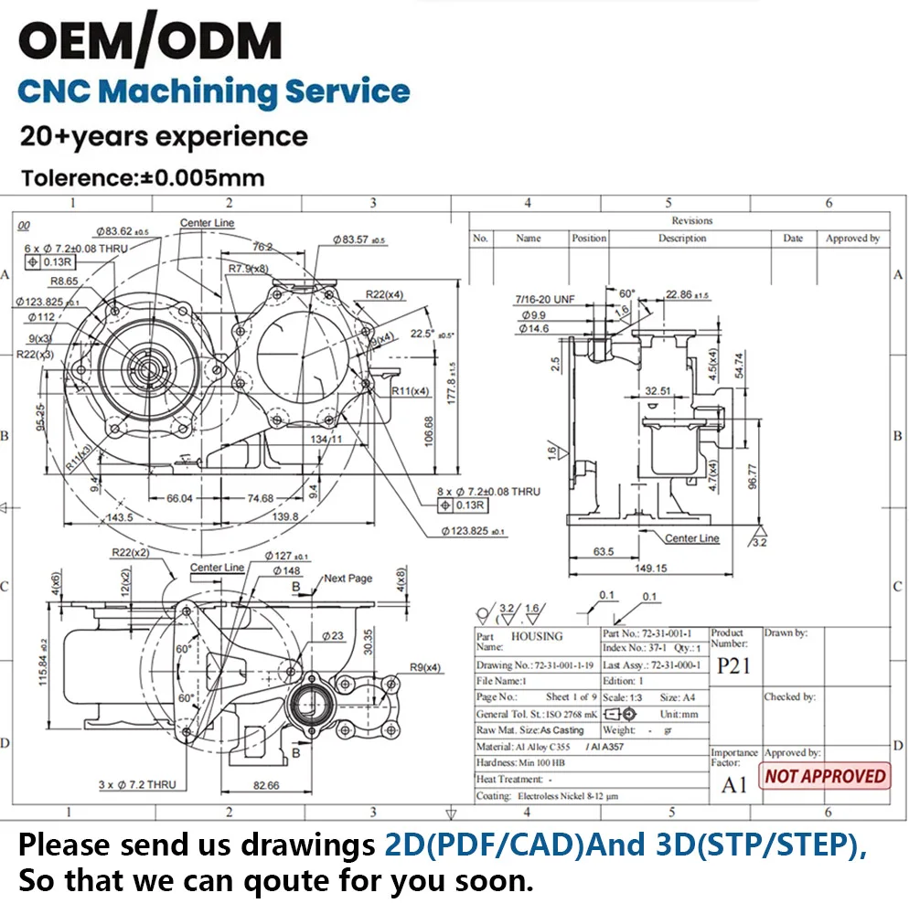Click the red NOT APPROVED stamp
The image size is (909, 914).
tap(826, 776)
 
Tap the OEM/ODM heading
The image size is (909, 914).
tap(151, 40)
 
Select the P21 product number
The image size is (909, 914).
tap(733, 664)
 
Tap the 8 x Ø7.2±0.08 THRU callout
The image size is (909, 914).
tap(488, 491)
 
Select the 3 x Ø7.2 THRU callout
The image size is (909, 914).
tap(136, 784)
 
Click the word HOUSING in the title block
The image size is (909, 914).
tap(537, 636)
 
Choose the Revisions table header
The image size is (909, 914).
tap(691, 220)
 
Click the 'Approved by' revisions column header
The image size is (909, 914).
tap(852, 239)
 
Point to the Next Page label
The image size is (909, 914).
tap(348, 579)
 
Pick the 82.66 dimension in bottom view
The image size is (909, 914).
tap(266, 784)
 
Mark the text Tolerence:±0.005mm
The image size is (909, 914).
tap(144, 178)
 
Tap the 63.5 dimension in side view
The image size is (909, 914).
tap(603, 552)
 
